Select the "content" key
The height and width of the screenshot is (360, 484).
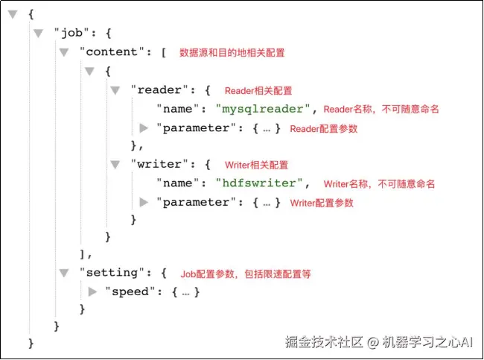point(112,52)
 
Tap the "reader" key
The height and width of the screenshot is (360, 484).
point(156,90)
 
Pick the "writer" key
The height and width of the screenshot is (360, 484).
point(156,165)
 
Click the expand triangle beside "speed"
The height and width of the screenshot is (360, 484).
point(92,291)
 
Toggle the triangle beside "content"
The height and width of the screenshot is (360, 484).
point(64,52)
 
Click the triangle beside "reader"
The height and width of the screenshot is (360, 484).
point(115,90)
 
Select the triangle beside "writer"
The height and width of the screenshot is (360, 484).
point(115,165)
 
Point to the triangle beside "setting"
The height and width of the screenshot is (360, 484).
point(64,273)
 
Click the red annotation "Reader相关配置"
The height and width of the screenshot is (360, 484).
point(258,91)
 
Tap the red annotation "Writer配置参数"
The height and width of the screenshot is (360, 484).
point(322,203)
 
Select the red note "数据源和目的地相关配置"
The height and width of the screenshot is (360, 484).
point(232,53)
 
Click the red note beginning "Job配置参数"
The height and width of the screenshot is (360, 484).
point(246,274)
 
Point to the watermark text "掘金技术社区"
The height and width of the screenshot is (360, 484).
point(324,342)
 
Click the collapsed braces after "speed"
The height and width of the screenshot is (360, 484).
point(185,291)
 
